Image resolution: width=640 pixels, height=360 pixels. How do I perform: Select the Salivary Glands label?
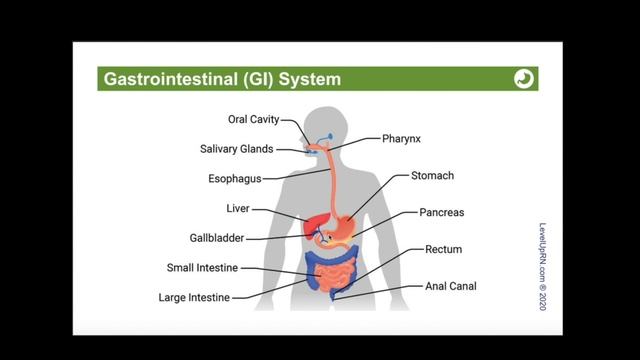pos(238,150)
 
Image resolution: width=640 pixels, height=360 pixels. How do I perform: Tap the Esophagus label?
pos(234,179)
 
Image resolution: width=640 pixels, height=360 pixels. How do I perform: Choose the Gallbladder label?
pos(217,238)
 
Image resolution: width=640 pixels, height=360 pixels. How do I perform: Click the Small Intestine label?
pos(203,268)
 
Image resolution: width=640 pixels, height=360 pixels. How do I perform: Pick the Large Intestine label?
pos(194,297)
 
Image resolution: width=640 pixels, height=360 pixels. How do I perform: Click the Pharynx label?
pos(402,139)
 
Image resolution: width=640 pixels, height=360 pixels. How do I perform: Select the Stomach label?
pos(432,176)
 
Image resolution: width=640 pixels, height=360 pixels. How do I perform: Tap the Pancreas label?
pos(440,213)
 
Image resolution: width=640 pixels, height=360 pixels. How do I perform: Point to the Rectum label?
pos(443,249)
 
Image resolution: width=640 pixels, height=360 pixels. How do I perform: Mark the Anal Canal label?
pos(450,286)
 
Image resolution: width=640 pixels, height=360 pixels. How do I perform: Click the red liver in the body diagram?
pos(305,224)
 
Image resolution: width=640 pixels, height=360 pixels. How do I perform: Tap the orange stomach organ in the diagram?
pos(342,224)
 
